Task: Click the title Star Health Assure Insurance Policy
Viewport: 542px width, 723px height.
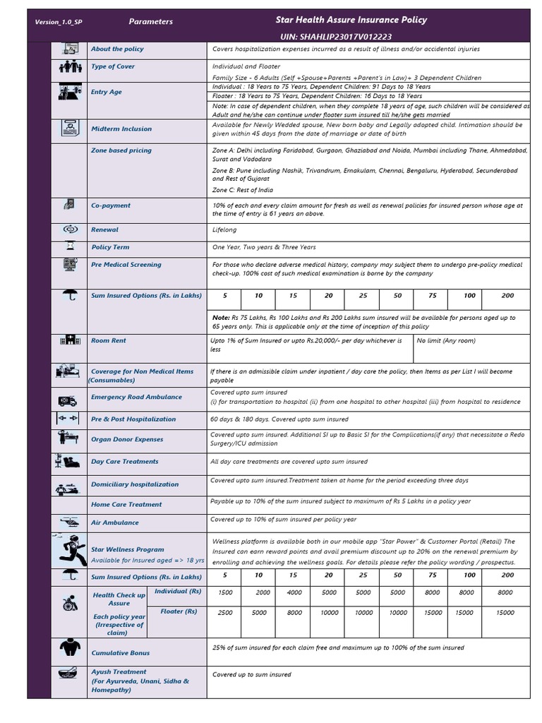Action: click(x=351, y=20)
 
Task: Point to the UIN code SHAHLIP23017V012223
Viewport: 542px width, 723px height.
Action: click(x=336, y=36)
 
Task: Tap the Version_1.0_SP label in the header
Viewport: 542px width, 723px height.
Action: click(x=59, y=22)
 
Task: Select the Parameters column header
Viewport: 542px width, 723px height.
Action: click(x=150, y=22)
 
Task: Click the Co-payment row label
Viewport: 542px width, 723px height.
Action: click(x=111, y=205)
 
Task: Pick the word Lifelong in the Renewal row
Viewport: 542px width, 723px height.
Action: click(x=224, y=229)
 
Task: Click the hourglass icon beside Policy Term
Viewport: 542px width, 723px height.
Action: click(x=70, y=247)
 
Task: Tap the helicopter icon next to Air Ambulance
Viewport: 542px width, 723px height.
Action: click(x=70, y=522)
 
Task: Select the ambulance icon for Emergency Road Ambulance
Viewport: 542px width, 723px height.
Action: click(x=69, y=400)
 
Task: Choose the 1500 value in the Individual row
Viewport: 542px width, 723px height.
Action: click(x=225, y=593)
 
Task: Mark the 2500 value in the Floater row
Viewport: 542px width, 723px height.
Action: click(x=225, y=613)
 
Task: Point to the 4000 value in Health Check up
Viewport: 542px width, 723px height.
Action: click(x=294, y=593)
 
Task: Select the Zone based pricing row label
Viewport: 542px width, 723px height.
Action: click(x=121, y=150)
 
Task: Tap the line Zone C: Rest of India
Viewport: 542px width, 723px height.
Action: click(x=243, y=190)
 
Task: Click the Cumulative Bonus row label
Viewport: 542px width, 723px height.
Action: click(x=121, y=653)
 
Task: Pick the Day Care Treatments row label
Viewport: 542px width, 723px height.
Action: click(x=125, y=462)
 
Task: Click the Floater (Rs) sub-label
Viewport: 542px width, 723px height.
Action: click(x=179, y=611)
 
